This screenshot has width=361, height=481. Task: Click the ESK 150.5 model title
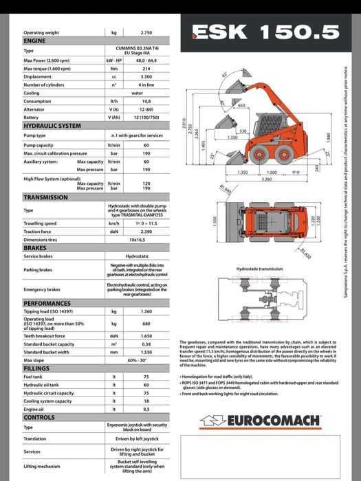pos(265,31)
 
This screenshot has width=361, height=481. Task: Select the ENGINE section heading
pos(35,41)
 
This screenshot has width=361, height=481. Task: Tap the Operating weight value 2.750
pos(146,32)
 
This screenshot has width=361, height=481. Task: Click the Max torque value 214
pos(146,69)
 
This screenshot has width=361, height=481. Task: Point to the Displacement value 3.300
pos(146,77)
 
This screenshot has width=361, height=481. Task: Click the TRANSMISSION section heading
pos(46,198)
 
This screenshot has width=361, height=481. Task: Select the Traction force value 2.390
pos(146,232)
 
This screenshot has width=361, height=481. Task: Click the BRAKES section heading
pos(35,248)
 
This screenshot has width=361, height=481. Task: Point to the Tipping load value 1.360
pos(146,311)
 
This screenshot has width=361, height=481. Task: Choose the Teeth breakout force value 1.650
pos(146,335)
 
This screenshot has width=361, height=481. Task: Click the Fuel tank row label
pos(32,377)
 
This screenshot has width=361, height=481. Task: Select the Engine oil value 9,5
pos(146,410)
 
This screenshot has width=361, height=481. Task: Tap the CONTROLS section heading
pos(39,417)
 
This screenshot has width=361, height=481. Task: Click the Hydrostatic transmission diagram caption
pos(259,269)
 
